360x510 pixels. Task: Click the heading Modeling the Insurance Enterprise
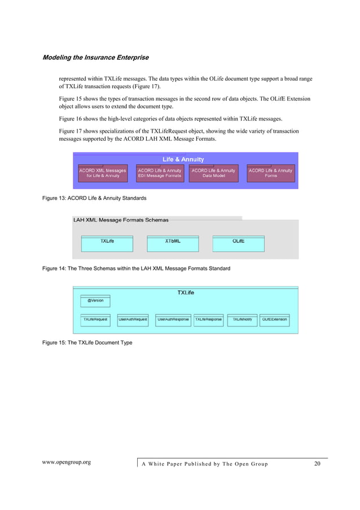tap(96, 58)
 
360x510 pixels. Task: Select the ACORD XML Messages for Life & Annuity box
tap(102, 173)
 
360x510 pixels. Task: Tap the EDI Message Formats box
tap(160, 173)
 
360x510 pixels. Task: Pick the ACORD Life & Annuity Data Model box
tap(213, 173)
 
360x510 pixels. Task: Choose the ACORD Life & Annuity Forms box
tap(270, 173)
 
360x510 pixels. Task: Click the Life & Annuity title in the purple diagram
tap(183, 159)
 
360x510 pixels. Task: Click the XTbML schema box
tap(173, 242)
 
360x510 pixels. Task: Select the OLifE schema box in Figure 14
tap(238, 242)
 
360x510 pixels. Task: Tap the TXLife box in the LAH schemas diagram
tap(107, 242)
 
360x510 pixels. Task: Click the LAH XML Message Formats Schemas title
tap(121, 220)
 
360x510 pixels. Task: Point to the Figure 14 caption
tap(136, 268)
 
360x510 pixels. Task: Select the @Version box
tap(95, 301)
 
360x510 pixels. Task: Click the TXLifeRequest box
tap(95, 320)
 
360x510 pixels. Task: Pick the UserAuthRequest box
tap(133, 320)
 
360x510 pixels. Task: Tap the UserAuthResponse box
tap(173, 320)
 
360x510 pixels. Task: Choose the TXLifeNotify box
tap(242, 320)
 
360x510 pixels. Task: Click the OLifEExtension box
tap(275, 320)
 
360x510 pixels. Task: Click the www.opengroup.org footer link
tap(67, 463)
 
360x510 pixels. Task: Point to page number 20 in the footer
tap(317, 464)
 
